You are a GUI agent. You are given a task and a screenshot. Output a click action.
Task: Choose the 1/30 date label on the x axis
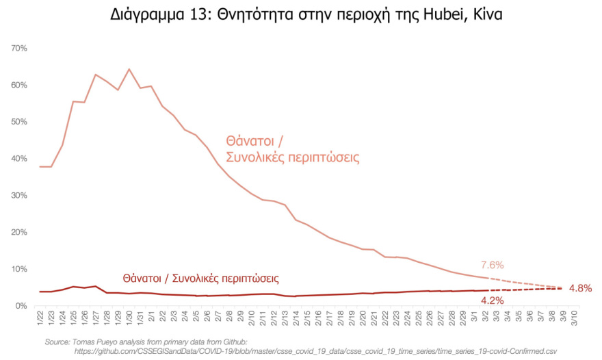tap(129, 319)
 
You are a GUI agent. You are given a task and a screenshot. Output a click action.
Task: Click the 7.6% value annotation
tap(493, 266)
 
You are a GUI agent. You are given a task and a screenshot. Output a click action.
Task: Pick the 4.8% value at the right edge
tap(580, 288)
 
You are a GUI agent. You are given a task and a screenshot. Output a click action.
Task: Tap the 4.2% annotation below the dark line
tap(493, 300)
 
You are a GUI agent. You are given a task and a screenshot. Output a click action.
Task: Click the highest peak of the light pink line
tap(129, 69)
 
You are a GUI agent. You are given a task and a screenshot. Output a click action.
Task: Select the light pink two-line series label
tap(293, 149)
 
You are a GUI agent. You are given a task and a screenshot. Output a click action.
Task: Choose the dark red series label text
tap(202, 279)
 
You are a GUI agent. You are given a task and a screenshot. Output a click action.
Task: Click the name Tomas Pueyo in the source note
tap(100, 341)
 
